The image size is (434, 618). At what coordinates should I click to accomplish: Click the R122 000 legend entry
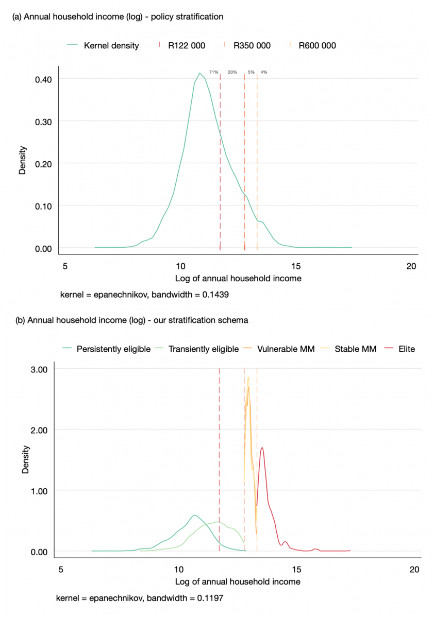tap(182, 45)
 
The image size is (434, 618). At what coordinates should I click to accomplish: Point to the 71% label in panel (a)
tap(213, 72)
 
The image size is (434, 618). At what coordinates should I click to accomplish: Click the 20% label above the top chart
tap(232, 72)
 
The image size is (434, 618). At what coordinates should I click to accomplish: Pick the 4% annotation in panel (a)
tap(264, 72)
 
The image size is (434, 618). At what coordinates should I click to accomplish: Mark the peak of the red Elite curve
tap(262, 448)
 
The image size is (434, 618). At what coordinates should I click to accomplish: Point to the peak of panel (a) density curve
tap(199, 73)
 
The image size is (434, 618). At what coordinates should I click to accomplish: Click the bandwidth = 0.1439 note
tap(145, 295)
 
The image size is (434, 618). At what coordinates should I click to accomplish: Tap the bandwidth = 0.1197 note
tap(141, 598)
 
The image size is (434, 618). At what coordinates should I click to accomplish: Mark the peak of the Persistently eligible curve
tap(194, 515)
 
